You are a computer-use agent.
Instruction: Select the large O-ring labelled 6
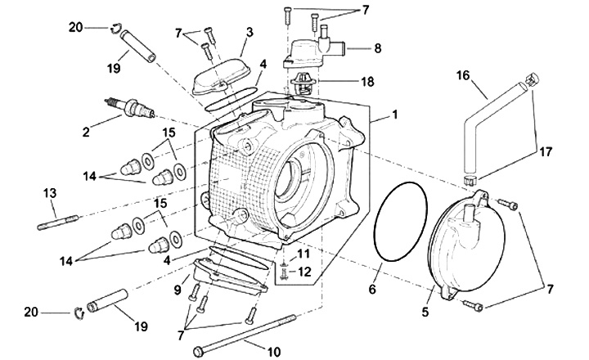click(375, 226)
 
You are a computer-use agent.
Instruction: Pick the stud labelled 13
click(58, 222)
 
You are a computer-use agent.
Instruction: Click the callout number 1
click(394, 115)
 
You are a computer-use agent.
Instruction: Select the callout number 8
click(377, 48)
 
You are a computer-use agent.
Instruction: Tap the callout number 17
click(546, 152)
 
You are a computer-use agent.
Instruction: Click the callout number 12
click(305, 272)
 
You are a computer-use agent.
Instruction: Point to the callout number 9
click(178, 290)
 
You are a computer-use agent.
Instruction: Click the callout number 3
click(250, 32)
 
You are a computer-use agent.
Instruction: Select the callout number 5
click(425, 312)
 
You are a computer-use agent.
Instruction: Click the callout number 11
click(303, 254)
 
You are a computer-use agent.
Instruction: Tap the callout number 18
click(367, 81)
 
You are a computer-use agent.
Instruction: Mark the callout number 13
click(50, 194)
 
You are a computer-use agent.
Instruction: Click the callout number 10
click(274, 352)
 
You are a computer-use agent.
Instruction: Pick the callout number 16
click(463, 75)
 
